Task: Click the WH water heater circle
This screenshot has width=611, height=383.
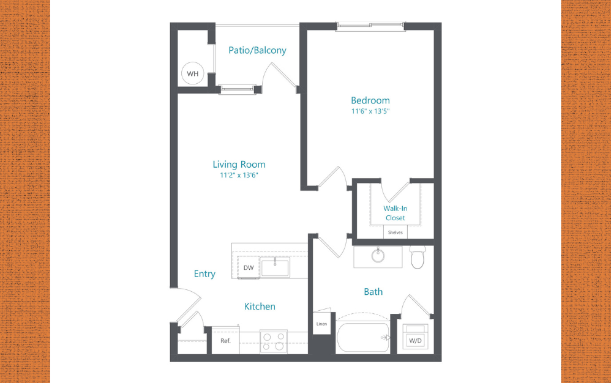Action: tap(193, 74)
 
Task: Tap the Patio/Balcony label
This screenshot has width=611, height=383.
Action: tap(257, 50)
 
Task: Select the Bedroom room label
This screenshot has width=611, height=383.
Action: tap(370, 100)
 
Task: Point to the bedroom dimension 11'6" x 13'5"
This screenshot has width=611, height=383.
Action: tap(370, 111)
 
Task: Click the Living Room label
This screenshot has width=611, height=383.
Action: tap(239, 164)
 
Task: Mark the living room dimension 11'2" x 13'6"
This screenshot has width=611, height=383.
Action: tap(239, 175)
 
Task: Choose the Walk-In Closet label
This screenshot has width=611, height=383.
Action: tap(395, 213)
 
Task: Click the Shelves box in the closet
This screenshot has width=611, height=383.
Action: tap(395, 232)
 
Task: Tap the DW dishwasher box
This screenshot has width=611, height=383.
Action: tap(249, 268)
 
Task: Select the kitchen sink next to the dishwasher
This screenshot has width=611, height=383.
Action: tap(275, 267)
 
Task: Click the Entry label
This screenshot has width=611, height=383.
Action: tap(204, 273)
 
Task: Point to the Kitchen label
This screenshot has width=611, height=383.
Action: tap(260, 306)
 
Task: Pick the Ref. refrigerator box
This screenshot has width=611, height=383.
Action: tap(225, 341)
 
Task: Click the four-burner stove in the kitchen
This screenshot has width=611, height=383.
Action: tap(273, 342)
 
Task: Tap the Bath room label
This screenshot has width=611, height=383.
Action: tap(373, 292)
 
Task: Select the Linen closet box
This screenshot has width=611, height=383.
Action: tap(321, 323)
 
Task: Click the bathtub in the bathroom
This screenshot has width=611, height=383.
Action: tap(363, 337)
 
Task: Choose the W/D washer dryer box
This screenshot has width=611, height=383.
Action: tap(415, 339)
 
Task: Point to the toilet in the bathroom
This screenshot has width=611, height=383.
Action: tap(418, 258)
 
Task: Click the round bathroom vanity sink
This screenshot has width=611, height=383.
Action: tap(378, 256)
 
